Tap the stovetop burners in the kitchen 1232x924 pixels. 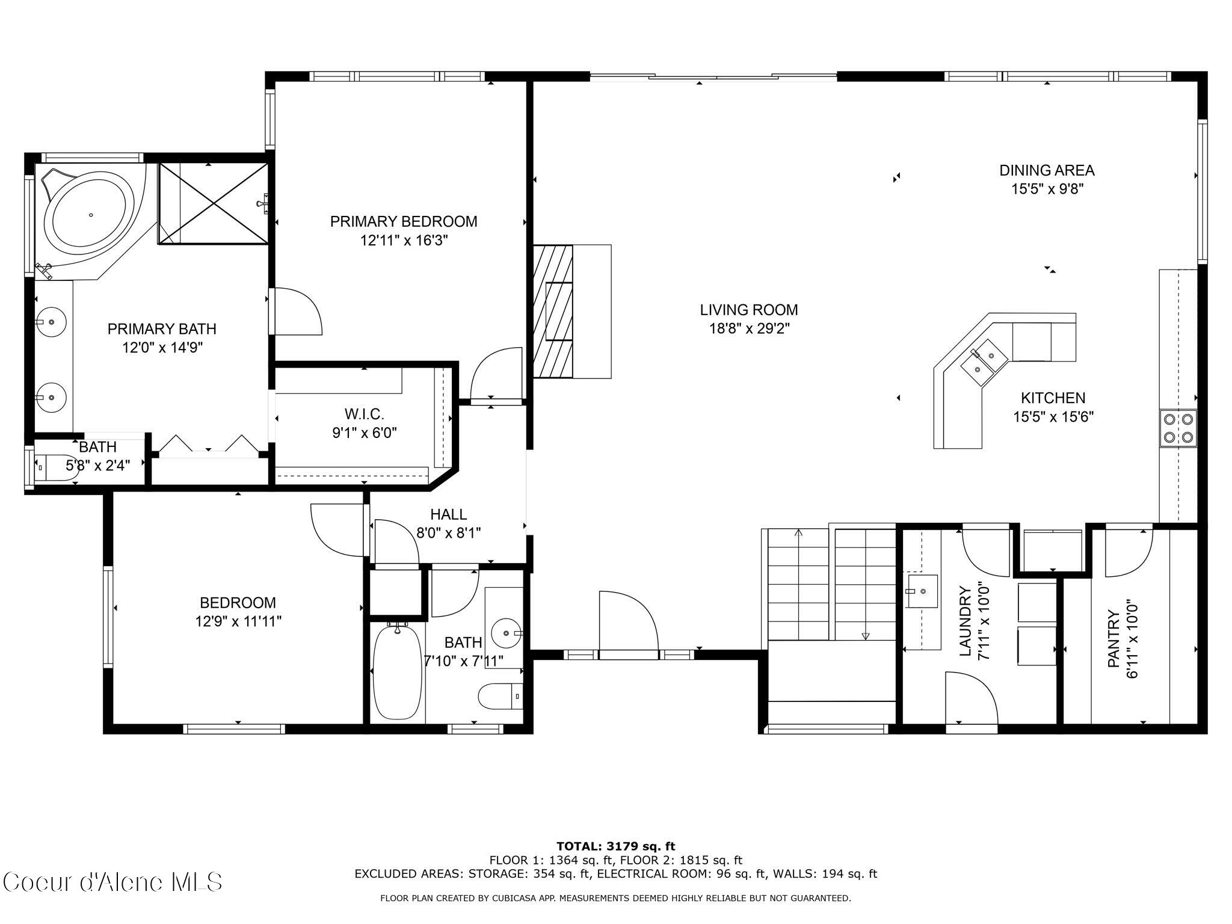coord(1178,428)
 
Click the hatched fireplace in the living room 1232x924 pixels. coord(553,312)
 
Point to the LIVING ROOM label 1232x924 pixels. coord(748,310)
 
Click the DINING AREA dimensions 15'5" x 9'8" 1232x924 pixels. coord(1047,189)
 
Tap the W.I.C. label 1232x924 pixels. coord(364,414)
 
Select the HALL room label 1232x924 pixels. coord(448,514)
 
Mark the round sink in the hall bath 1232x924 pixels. coord(505,633)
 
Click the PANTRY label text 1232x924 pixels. coord(1114,639)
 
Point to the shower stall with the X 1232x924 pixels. coord(214,203)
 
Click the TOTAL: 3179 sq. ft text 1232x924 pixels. coord(615,846)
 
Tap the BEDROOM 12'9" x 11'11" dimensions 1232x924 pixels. coord(238,621)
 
